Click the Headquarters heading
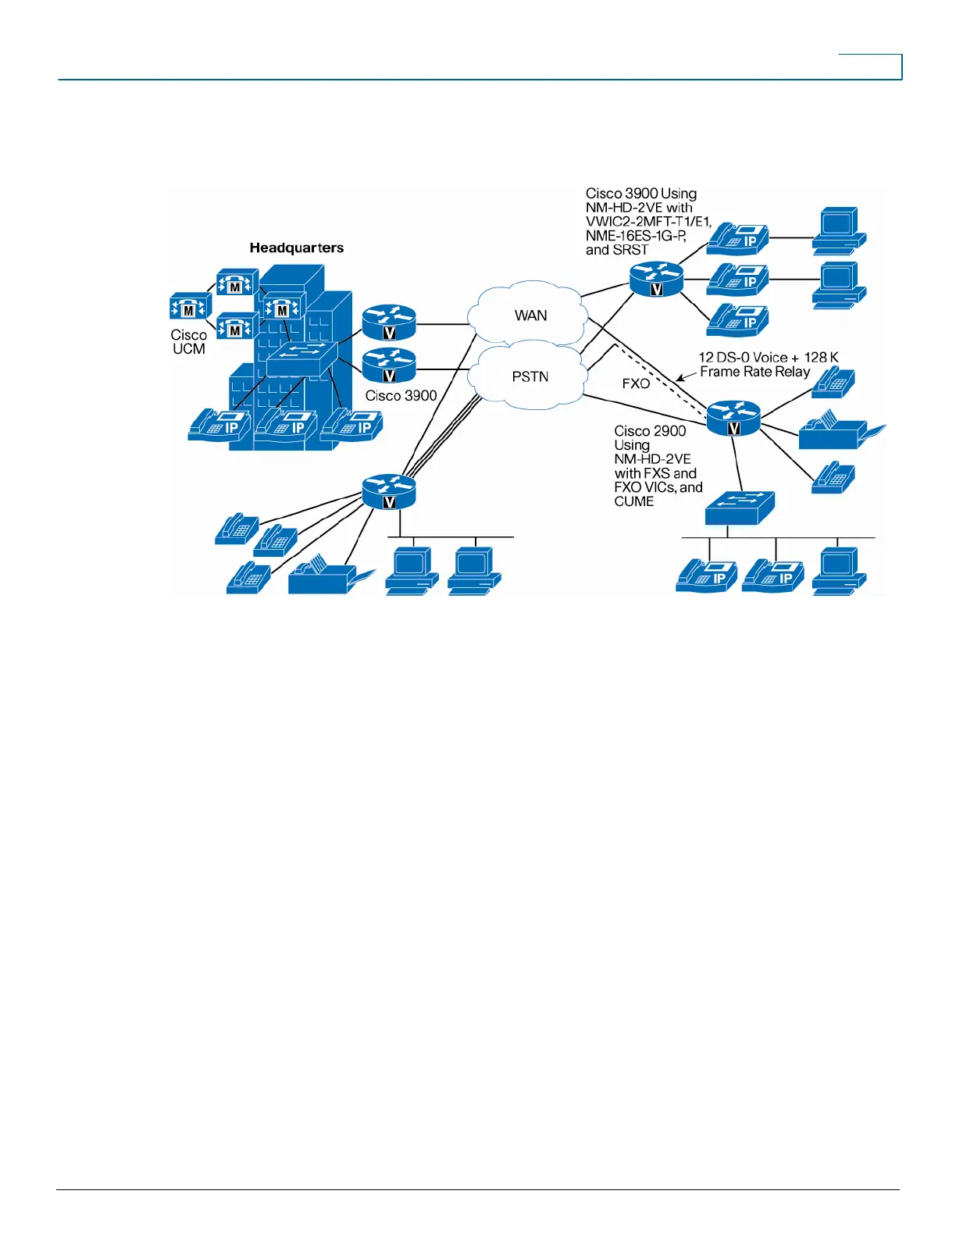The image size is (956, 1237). coord(296,248)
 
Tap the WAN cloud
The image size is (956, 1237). coord(530,315)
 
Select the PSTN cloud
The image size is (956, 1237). coord(530,376)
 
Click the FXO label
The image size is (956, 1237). coord(636,383)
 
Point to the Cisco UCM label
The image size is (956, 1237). coord(189,342)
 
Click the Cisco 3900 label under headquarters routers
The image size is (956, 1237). coord(401,396)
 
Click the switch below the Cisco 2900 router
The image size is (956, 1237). coord(740,508)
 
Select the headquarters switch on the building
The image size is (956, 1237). coord(301,360)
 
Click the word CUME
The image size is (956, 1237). coord(634,501)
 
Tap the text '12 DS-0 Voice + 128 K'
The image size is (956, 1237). coord(768,358)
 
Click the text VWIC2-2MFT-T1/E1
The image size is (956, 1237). coord(648,222)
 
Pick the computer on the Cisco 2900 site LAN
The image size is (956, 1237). coord(839,572)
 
